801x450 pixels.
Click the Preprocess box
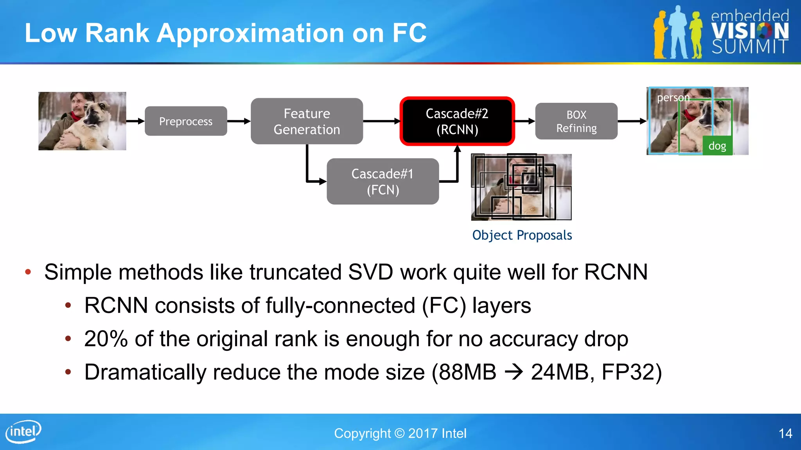pyautogui.click(x=186, y=121)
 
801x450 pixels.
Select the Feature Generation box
pyautogui.click(x=307, y=121)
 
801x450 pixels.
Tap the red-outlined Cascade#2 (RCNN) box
pyautogui.click(x=457, y=121)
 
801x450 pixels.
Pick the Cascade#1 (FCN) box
pyautogui.click(x=383, y=182)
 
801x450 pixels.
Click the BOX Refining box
pyautogui.click(x=576, y=121)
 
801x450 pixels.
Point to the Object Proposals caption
pyautogui.click(x=522, y=235)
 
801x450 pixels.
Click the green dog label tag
pyautogui.click(x=717, y=146)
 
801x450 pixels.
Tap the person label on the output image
pyautogui.click(x=673, y=97)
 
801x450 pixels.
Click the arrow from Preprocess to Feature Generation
pyautogui.click(x=239, y=121)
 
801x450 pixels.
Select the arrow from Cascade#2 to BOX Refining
pyautogui.click(x=524, y=121)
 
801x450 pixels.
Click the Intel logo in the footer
pyautogui.click(x=23, y=432)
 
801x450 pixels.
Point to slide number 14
pyautogui.click(x=785, y=434)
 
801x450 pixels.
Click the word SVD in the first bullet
pyautogui.click(x=370, y=272)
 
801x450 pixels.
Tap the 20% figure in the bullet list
pyautogui.click(x=106, y=339)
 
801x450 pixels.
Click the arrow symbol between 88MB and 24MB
pyautogui.click(x=514, y=372)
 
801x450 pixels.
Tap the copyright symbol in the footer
pyautogui.click(x=399, y=434)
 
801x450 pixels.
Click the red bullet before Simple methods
pyautogui.click(x=28, y=272)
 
